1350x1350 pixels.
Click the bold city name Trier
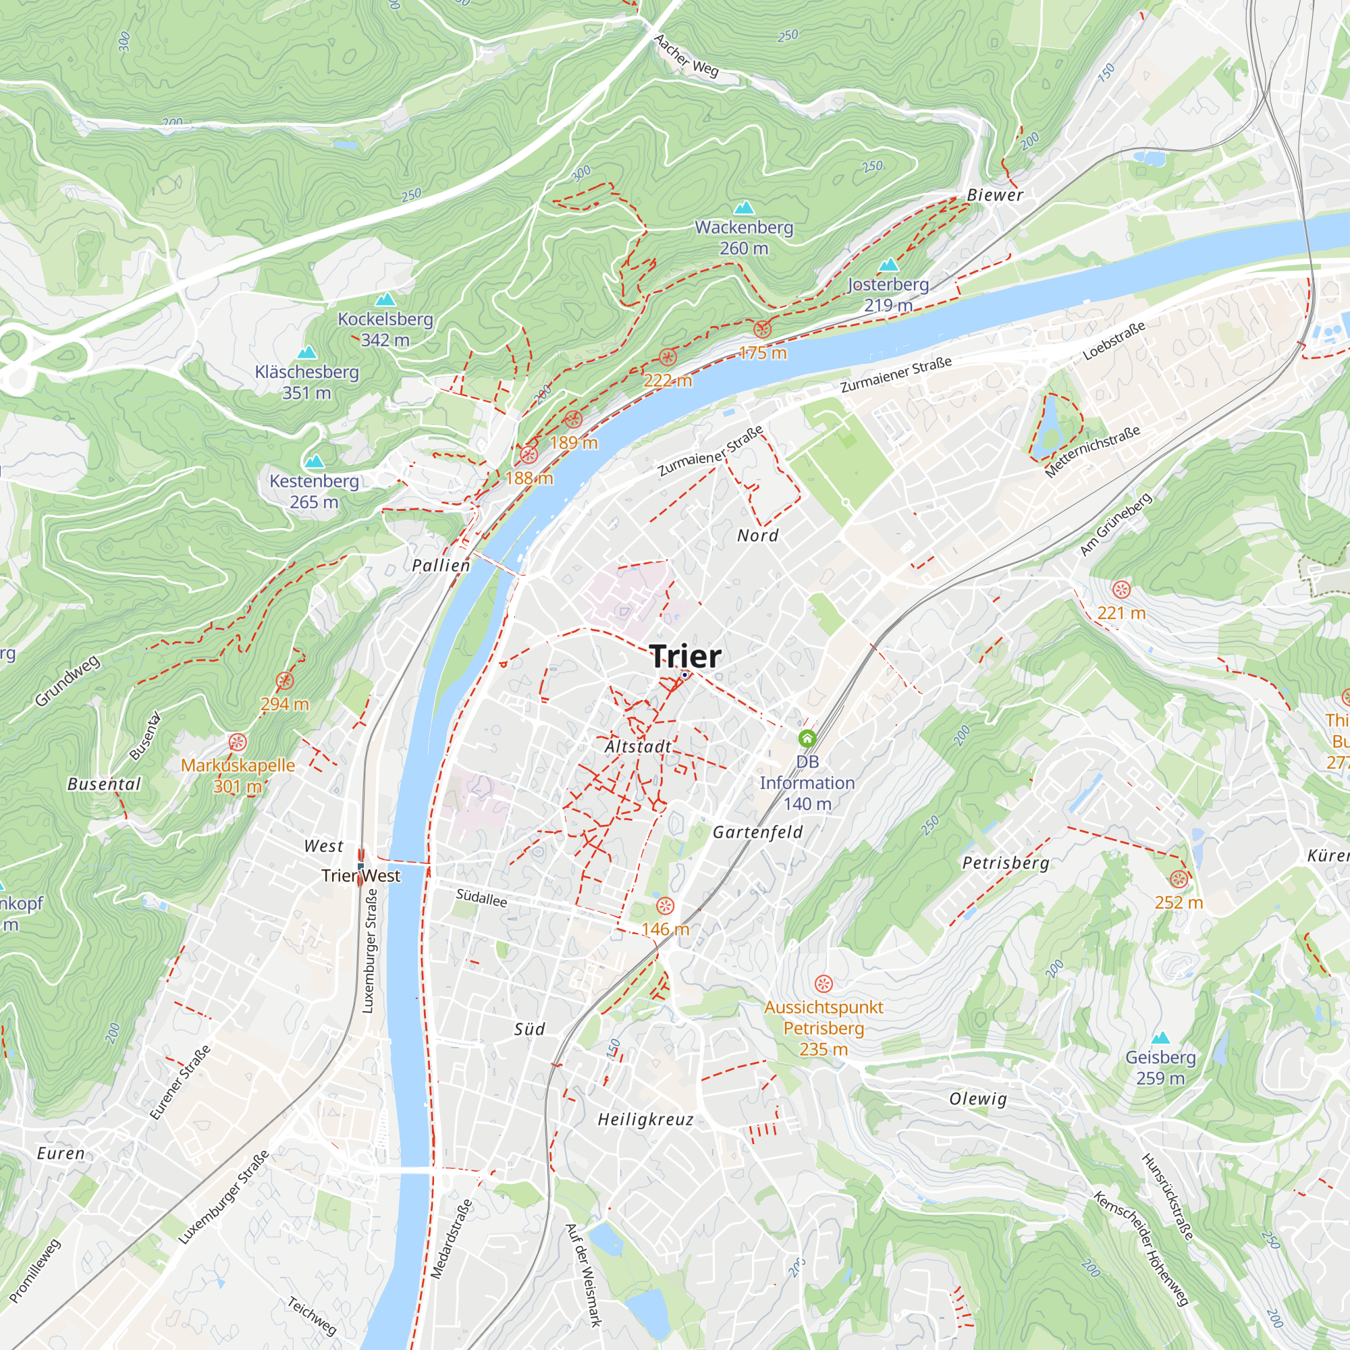click(684, 656)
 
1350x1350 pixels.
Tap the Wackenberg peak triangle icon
click(744, 207)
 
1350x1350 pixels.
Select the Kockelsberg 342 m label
click(385, 329)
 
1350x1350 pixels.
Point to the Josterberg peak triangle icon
click(888, 265)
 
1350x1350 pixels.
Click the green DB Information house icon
click(807, 738)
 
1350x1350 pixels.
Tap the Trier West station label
click(361, 875)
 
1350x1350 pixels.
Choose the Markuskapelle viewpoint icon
click(238, 742)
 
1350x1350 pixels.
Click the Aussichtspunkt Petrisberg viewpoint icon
click(823, 984)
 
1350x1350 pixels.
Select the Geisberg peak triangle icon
click(1160, 1037)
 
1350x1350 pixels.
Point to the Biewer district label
click(995, 196)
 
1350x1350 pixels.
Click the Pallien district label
click(441, 565)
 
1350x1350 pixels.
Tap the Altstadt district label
click(637, 747)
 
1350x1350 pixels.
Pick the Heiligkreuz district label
click(646, 1119)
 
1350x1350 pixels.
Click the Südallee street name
click(481, 898)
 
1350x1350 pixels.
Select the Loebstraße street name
click(1114, 341)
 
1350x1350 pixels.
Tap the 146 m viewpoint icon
click(666, 907)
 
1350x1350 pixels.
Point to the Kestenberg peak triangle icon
click(315, 462)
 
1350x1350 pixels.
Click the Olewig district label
click(978, 1098)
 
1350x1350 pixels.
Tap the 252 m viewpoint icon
click(1179, 880)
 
